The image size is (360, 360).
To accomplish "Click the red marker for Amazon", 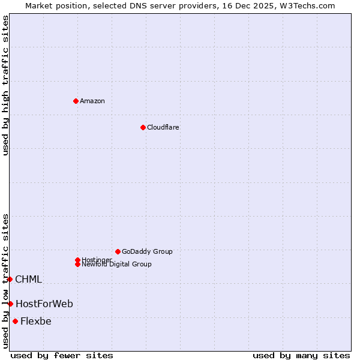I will point(76,101).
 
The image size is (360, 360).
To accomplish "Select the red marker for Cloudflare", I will point(143,127).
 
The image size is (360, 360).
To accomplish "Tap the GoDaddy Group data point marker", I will point(118,251).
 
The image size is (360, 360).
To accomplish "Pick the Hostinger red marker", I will point(77,260).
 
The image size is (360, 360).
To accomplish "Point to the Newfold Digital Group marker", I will point(78,264).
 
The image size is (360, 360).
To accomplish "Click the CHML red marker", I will point(10,279).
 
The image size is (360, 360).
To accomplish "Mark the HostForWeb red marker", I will point(10,304).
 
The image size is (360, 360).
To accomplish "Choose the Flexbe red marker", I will point(15,321).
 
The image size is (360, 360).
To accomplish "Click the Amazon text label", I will point(92,101).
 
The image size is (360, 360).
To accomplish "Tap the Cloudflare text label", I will point(163,127).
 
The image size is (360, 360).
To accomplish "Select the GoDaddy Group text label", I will point(147,251).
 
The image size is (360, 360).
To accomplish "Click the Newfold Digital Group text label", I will point(116,265).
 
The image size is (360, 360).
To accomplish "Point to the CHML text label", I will point(28,279).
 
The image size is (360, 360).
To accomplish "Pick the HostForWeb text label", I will point(44,304).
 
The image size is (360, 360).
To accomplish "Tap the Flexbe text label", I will point(36,321).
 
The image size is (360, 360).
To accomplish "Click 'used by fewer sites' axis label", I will point(62,355).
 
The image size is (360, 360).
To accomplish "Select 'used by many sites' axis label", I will point(301,355).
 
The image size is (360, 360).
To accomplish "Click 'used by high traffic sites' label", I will point(5,85).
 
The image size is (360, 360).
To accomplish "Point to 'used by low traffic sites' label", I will point(5,280).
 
